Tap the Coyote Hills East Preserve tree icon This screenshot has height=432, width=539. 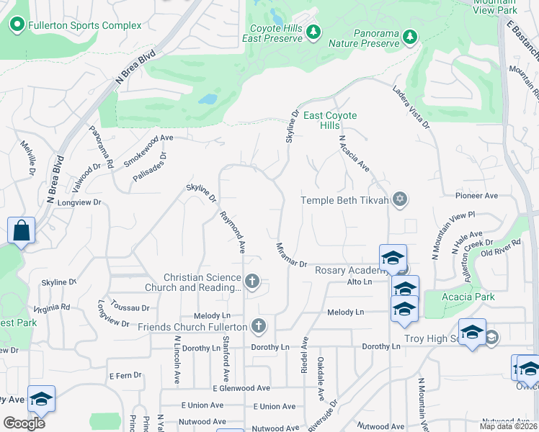coord(313,32)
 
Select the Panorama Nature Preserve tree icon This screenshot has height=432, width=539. coord(410,36)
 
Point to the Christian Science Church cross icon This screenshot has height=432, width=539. coord(251,281)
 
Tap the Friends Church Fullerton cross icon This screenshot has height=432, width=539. coord(259,327)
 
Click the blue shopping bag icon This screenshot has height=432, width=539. coord(21,231)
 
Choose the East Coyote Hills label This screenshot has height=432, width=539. coord(330,120)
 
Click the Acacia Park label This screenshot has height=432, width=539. coord(449,297)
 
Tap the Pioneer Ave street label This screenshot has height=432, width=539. coord(476,195)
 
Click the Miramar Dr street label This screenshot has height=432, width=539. coord(292,256)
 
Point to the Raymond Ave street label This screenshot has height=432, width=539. coord(233,232)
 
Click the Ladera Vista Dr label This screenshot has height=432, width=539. coord(411,109)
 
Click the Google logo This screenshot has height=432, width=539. coord(24,423)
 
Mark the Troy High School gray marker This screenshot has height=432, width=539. coord(491,338)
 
